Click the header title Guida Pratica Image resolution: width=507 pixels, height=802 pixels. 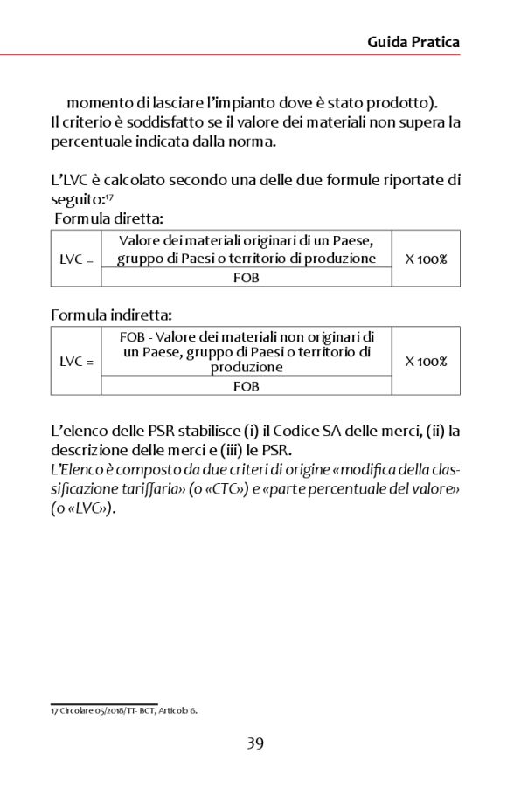[413, 42]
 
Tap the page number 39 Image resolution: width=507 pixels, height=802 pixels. [254, 743]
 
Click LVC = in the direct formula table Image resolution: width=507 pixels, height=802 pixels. [76, 259]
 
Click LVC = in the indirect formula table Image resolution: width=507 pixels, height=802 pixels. [76, 361]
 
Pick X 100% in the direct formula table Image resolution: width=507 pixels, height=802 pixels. [426, 259]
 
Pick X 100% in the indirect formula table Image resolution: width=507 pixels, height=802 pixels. [426, 361]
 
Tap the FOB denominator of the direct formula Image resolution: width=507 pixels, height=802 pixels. [247, 278]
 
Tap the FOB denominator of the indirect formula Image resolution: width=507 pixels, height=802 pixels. [247, 385]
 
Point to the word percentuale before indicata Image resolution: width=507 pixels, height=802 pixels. [95, 140]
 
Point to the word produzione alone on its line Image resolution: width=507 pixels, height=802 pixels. [247, 368]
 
